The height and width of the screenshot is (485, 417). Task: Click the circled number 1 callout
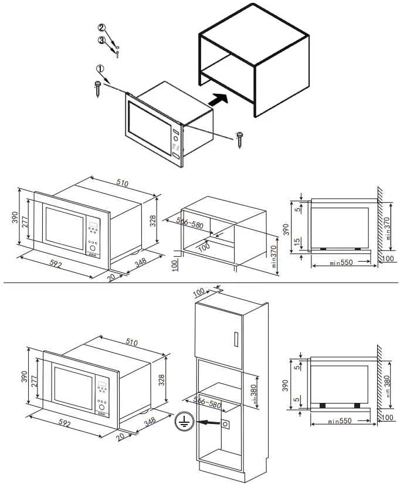[x=100, y=69]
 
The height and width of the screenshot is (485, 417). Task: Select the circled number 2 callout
[x=101, y=28]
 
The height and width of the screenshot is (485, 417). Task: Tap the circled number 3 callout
[x=101, y=40]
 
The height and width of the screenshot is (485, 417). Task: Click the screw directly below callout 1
[x=98, y=89]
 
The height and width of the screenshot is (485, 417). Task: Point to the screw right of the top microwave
[x=240, y=138]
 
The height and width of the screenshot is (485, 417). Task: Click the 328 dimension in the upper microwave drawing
[x=152, y=221]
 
